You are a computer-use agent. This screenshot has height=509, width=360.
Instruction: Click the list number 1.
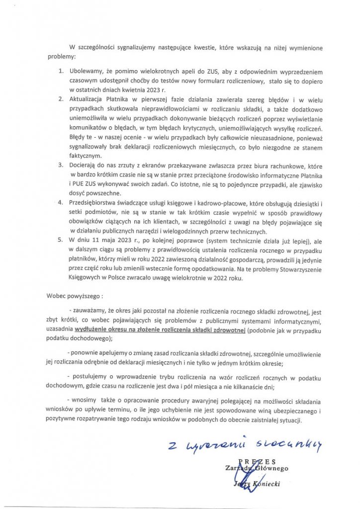click(x=60, y=72)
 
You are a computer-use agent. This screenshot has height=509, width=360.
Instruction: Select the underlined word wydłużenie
click(x=90, y=330)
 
